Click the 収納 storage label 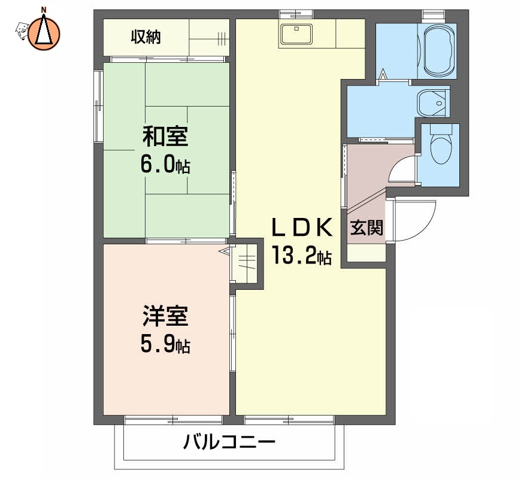(147, 37)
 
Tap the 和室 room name (165, 138)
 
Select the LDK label (301, 228)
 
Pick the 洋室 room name (165, 316)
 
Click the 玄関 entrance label (366, 228)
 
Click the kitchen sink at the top (295, 34)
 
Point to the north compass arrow (43, 31)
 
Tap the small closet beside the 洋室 (247, 263)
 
